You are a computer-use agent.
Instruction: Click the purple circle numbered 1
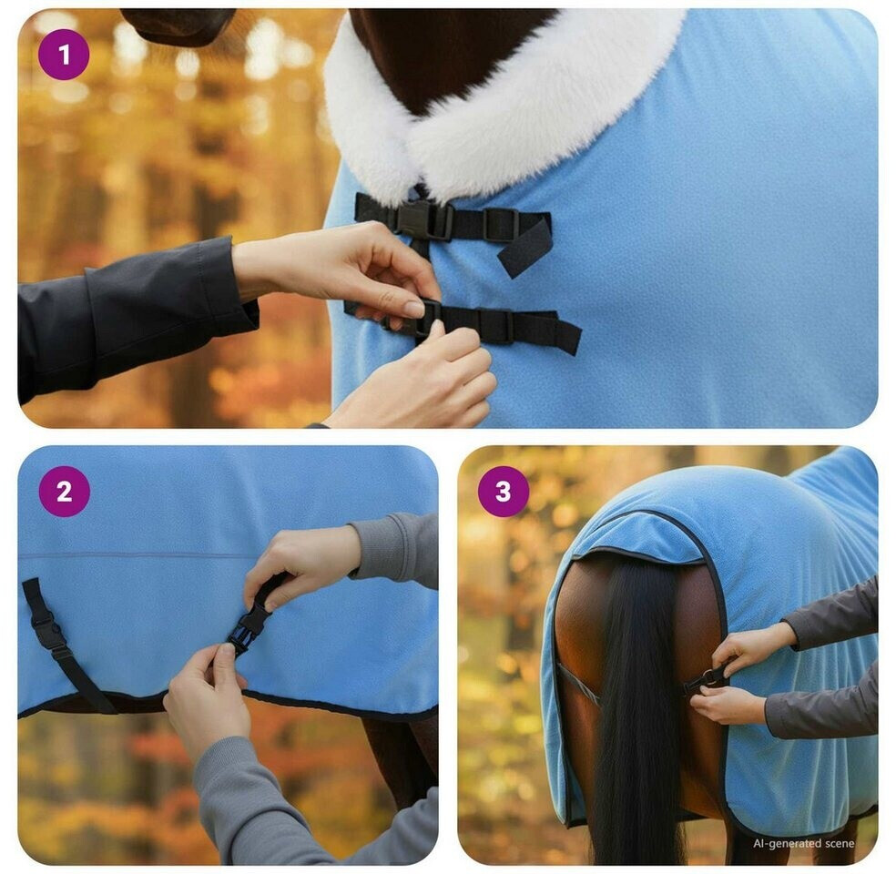[64, 55]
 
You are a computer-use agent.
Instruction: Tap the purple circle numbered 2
[64, 492]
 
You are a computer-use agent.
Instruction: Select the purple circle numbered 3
[504, 492]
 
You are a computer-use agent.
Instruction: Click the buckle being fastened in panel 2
[247, 628]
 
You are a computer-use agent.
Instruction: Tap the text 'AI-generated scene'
[803, 843]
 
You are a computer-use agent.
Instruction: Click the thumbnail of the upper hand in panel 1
[413, 309]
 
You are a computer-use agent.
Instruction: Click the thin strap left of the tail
[578, 683]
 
